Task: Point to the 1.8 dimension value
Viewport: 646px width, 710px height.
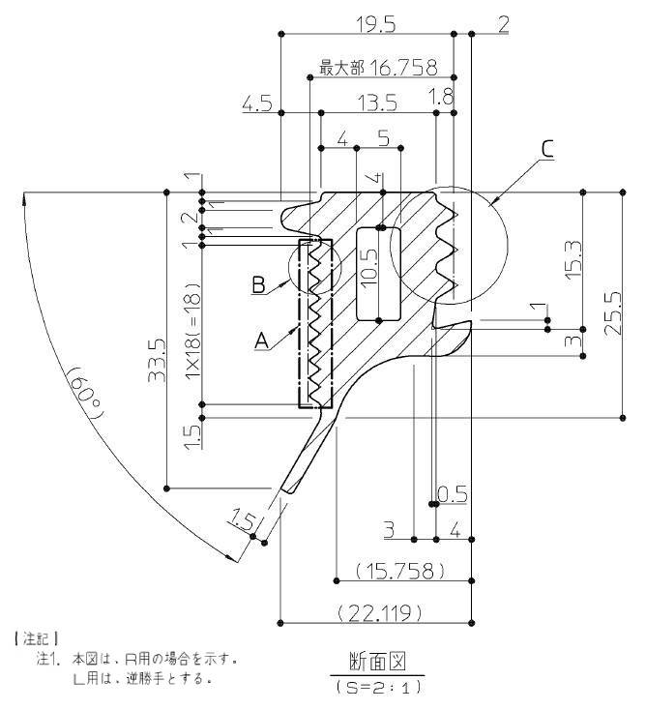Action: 440,96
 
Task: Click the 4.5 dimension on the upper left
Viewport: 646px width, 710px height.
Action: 257,104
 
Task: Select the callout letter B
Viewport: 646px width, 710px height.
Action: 258,284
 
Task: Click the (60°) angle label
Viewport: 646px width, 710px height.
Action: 87,398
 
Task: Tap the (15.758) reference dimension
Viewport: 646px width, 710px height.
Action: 400,570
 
